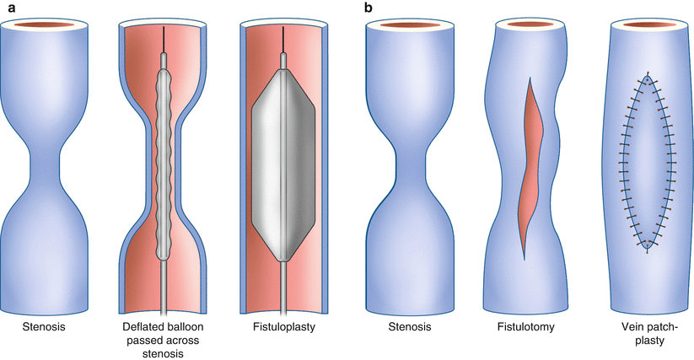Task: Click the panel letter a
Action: pos(6,7)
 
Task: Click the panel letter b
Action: pos(369,7)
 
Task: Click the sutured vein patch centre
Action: pos(646,160)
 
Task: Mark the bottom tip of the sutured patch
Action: pos(646,245)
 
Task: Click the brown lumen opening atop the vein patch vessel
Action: pos(646,25)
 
